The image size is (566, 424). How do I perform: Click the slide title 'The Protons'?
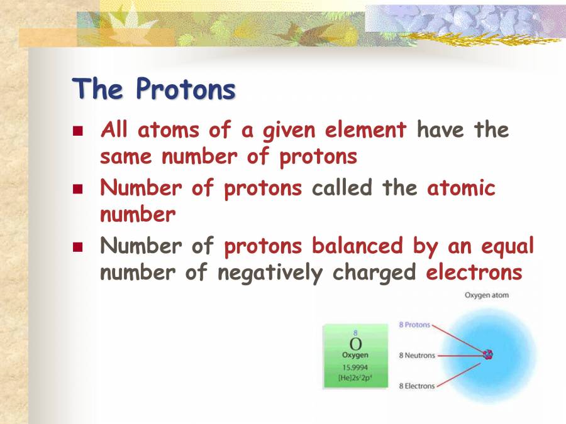(x=154, y=89)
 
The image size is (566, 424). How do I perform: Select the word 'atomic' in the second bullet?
(x=461, y=188)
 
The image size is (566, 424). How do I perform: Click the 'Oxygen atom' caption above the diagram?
(x=486, y=295)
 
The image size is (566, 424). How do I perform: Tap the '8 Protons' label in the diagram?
(x=414, y=325)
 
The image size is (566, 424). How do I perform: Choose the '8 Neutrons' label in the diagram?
(x=416, y=356)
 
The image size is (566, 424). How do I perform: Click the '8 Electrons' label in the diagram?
(x=416, y=386)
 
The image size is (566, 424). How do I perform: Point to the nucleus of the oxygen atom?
(x=487, y=355)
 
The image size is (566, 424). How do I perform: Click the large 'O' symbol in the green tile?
(x=355, y=344)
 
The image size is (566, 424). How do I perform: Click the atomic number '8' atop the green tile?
(x=355, y=333)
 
